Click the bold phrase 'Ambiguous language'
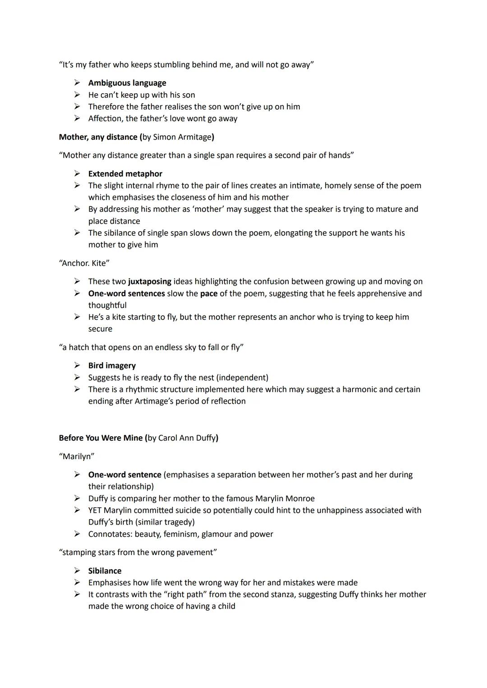pyautogui.click(x=127, y=83)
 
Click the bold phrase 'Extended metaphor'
pyautogui.click(x=125, y=174)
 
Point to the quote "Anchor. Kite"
pyautogui.click(x=84, y=263)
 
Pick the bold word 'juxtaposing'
pyautogui.click(x=150, y=282)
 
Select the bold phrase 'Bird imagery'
pyautogui.click(x=112, y=366)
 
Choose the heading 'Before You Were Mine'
pyautogui.click(x=101, y=438)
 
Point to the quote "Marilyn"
pyautogui.click(x=77, y=456)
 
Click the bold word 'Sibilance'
pyautogui.click(x=105, y=571)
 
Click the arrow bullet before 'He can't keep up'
pyautogui.click(x=78, y=95)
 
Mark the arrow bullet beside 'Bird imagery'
pyautogui.click(x=78, y=366)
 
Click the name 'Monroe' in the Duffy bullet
pyautogui.click(x=299, y=499)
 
